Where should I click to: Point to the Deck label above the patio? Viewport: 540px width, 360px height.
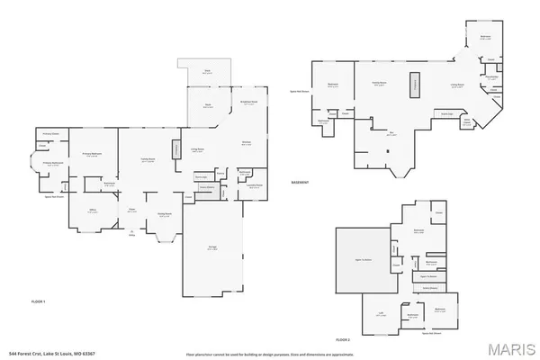pos(206,72)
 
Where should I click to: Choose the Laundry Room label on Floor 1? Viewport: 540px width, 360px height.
pos(254,186)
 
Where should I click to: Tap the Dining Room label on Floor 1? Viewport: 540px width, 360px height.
pos(165,215)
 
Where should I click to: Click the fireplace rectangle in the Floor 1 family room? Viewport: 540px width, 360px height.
pos(176,149)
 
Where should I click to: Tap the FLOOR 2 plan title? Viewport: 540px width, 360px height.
pos(341,338)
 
